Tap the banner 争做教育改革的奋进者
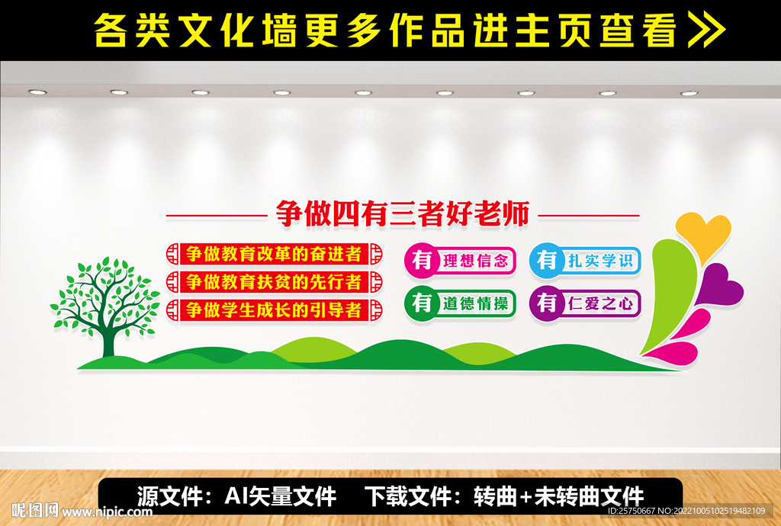click(x=274, y=253)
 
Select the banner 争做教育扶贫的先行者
click(x=274, y=281)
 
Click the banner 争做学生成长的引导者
click(x=274, y=310)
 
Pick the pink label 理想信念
click(x=474, y=261)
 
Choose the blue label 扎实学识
click(x=600, y=261)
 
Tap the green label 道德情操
click(x=474, y=303)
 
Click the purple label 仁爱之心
click(x=600, y=303)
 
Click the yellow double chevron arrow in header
click(x=707, y=30)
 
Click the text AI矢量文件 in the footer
click(x=281, y=496)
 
